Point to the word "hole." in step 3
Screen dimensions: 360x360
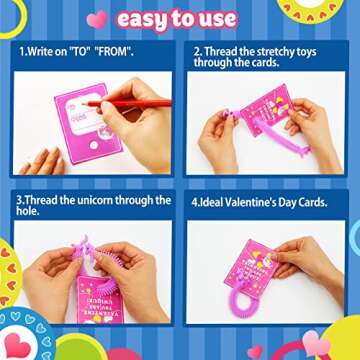click(x=28, y=211)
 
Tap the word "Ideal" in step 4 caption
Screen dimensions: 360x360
click(x=213, y=201)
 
